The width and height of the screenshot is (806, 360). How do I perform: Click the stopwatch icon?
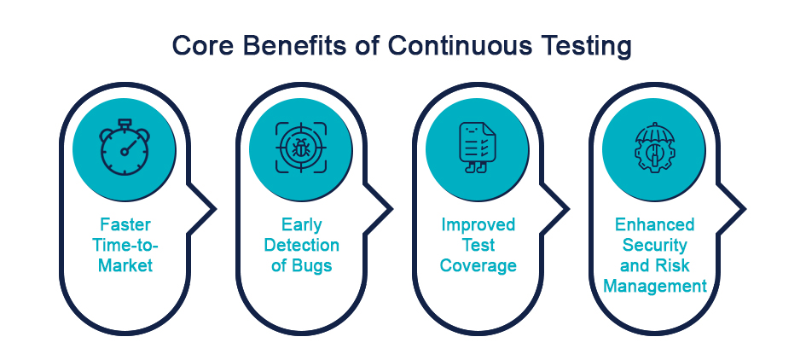tap(125, 147)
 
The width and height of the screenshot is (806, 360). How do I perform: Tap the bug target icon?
tap(301, 148)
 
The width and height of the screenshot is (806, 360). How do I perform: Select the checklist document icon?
tap(477, 148)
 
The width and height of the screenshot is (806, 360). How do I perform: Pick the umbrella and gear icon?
tap(653, 148)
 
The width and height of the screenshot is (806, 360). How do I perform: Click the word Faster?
tap(125, 224)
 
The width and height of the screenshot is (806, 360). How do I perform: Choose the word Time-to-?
tap(125, 246)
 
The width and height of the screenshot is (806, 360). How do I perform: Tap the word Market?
tap(125, 265)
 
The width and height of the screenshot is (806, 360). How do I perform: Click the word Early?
tap(301, 224)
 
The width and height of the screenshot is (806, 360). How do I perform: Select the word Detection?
tap(302, 246)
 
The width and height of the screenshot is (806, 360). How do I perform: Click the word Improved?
tap(478, 225)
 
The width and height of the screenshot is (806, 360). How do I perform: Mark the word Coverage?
tap(478, 266)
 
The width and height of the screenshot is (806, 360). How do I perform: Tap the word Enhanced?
tap(655, 224)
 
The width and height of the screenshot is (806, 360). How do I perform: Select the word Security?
tap(655, 246)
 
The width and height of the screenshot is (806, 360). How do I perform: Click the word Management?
tap(655, 286)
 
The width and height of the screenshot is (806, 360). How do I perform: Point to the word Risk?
tap(672, 265)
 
